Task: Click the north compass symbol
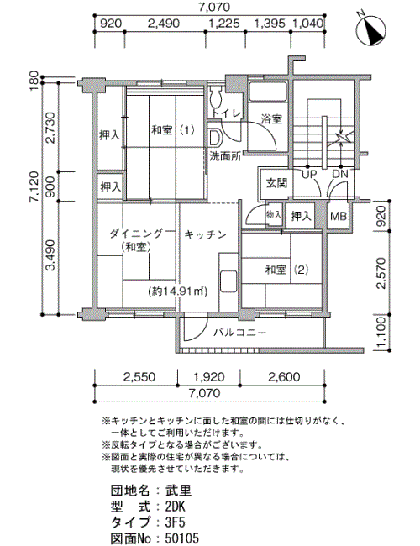click(371, 29)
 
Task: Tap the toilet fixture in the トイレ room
click(216, 97)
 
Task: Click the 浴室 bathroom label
click(271, 119)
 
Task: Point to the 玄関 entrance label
click(277, 183)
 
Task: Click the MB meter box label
click(339, 216)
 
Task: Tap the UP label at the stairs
click(308, 174)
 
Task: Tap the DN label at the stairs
click(340, 174)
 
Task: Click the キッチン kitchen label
click(206, 234)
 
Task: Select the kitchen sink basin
click(228, 281)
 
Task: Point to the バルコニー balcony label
click(240, 333)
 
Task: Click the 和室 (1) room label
click(173, 130)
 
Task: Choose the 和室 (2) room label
click(286, 270)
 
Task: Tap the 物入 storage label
click(273, 214)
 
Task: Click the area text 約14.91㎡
click(177, 291)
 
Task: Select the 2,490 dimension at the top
click(164, 24)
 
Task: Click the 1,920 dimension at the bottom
click(209, 377)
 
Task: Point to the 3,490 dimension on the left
click(51, 255)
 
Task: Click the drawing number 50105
click(181, 538)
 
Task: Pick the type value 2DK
click(176, 507)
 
